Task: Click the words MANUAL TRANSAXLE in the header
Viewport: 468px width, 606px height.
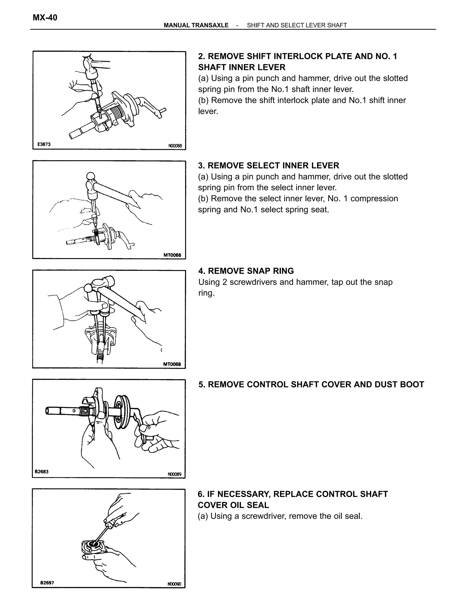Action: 196,25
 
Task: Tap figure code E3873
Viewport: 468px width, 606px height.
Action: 44,144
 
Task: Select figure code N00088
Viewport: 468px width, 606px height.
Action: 175,146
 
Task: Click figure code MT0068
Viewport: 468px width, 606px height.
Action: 172,364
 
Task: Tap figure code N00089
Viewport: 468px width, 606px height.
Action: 174,474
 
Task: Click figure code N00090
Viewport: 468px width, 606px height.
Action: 174,584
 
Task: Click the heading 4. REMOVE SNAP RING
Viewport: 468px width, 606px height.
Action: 246,271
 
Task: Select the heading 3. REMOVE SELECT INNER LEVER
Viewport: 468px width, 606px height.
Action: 268,165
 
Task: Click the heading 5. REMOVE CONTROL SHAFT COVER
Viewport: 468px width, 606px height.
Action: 311,384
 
